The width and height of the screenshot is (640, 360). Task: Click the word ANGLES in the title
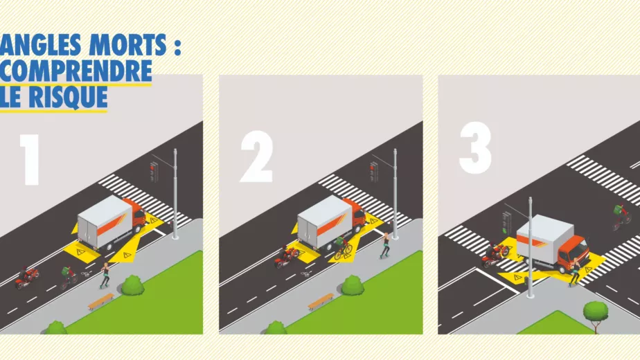click(40, 44)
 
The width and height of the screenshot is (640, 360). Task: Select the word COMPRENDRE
click(75, 71)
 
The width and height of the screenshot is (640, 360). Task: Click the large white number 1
click(30, 160)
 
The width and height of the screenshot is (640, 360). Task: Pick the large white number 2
click(256, 156)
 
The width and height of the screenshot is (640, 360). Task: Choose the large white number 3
click(475, 147)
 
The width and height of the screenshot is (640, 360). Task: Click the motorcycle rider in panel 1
click(27, 278)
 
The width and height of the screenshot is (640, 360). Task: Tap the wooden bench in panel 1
click(101, 301)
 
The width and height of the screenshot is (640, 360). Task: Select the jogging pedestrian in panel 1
click(105, 276)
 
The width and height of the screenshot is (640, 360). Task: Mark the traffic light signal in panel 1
click(154, 172)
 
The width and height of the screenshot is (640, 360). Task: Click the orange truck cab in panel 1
click(136, 216)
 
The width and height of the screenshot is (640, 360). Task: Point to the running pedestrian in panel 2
click(384, 245)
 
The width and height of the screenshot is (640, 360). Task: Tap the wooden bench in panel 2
click(321, 302)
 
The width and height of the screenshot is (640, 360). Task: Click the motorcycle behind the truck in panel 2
click(287, 256)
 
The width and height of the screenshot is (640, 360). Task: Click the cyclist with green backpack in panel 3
click(621, 217)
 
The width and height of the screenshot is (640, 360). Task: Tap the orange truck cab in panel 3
click(573, 254)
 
